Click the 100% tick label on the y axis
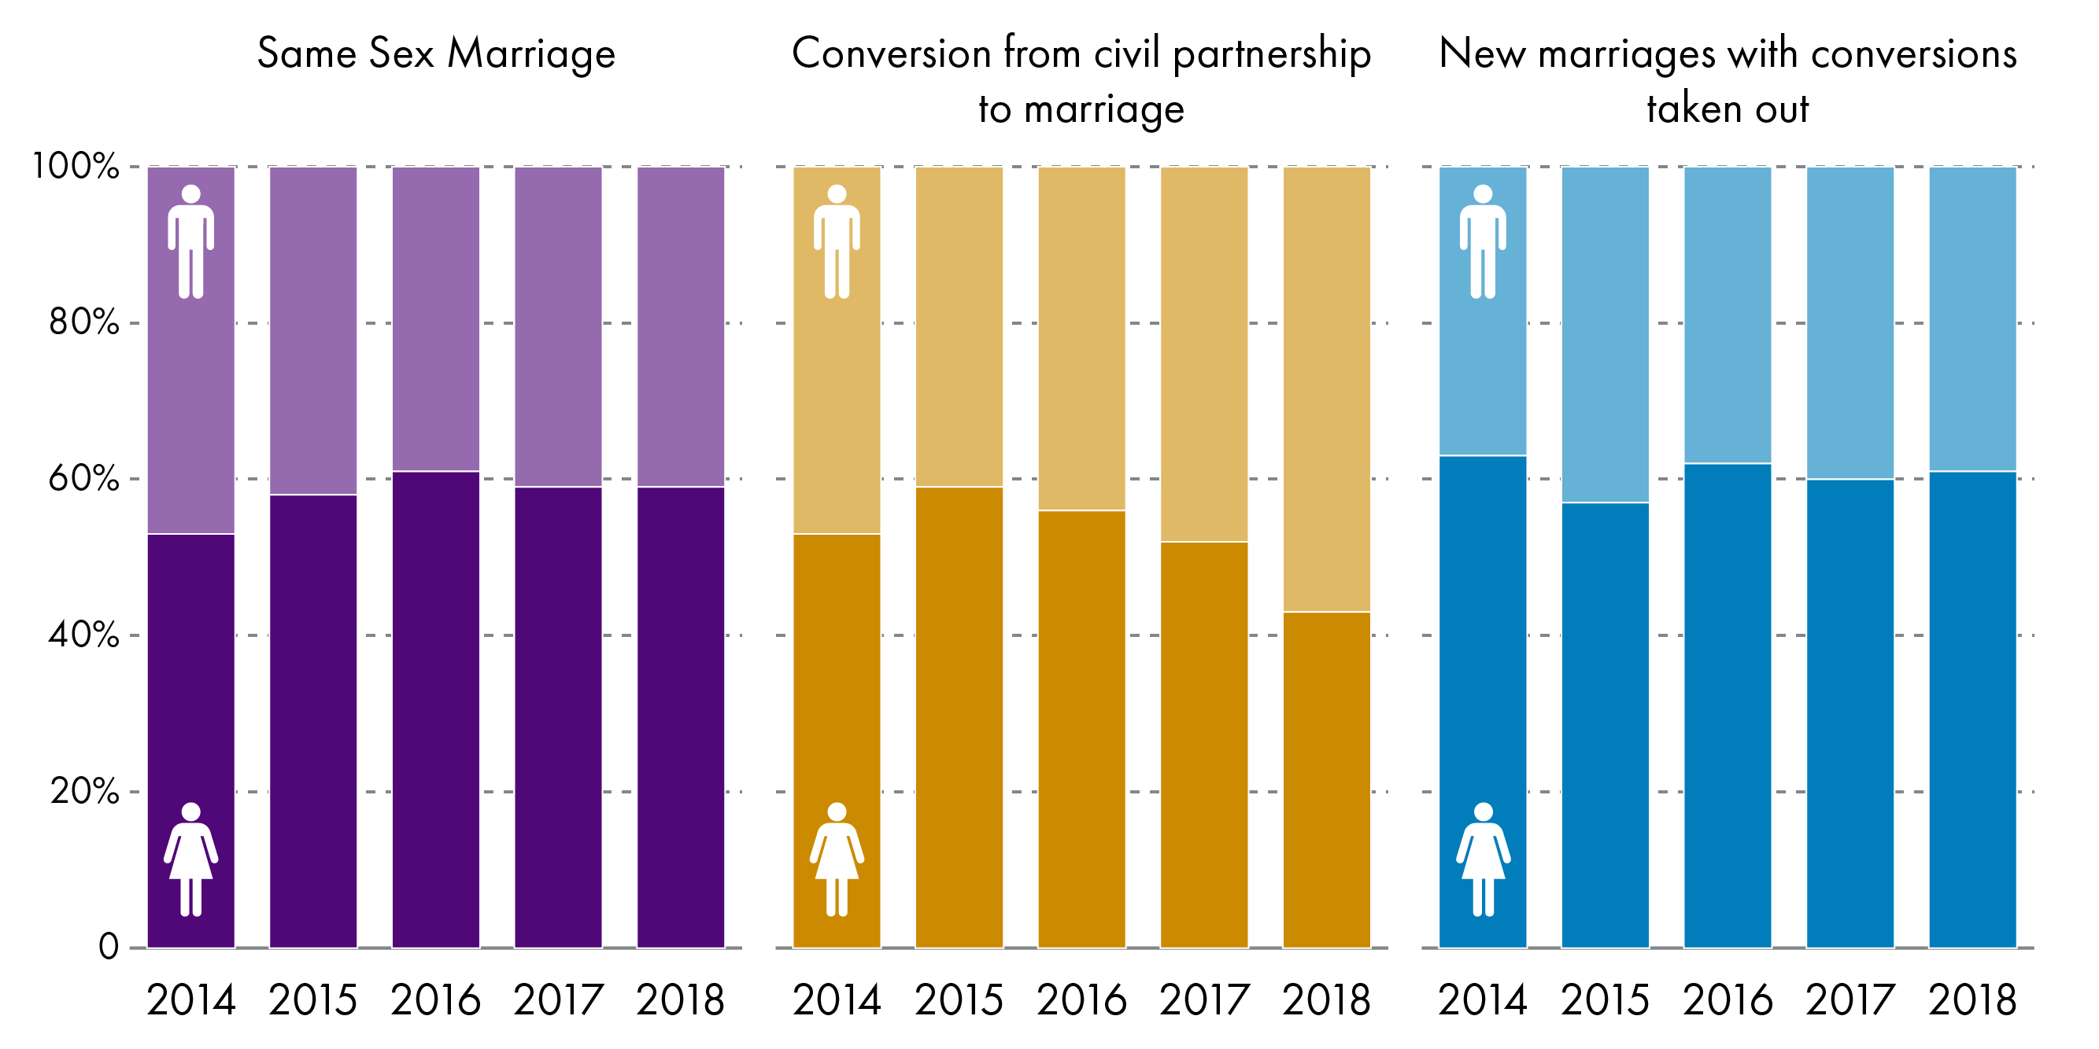pos(75,166)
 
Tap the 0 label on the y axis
pos(109,948)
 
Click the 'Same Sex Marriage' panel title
pos(436,53)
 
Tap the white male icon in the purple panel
pos(190,242)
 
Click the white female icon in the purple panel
pos(190,860)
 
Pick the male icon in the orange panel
pos(837,242)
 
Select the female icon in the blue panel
pos(1483,860)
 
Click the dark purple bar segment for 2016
pos(436,709)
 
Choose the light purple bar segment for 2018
pos(680,326)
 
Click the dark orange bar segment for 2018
pos(1327,779)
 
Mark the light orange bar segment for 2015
pos(959,326)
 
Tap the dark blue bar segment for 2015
pos(1606,725)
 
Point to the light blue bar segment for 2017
pos(1850,322)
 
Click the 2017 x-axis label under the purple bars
pos(558,1000)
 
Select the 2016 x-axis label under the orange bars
pos(1081,1000)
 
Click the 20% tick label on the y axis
pos(83,791)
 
